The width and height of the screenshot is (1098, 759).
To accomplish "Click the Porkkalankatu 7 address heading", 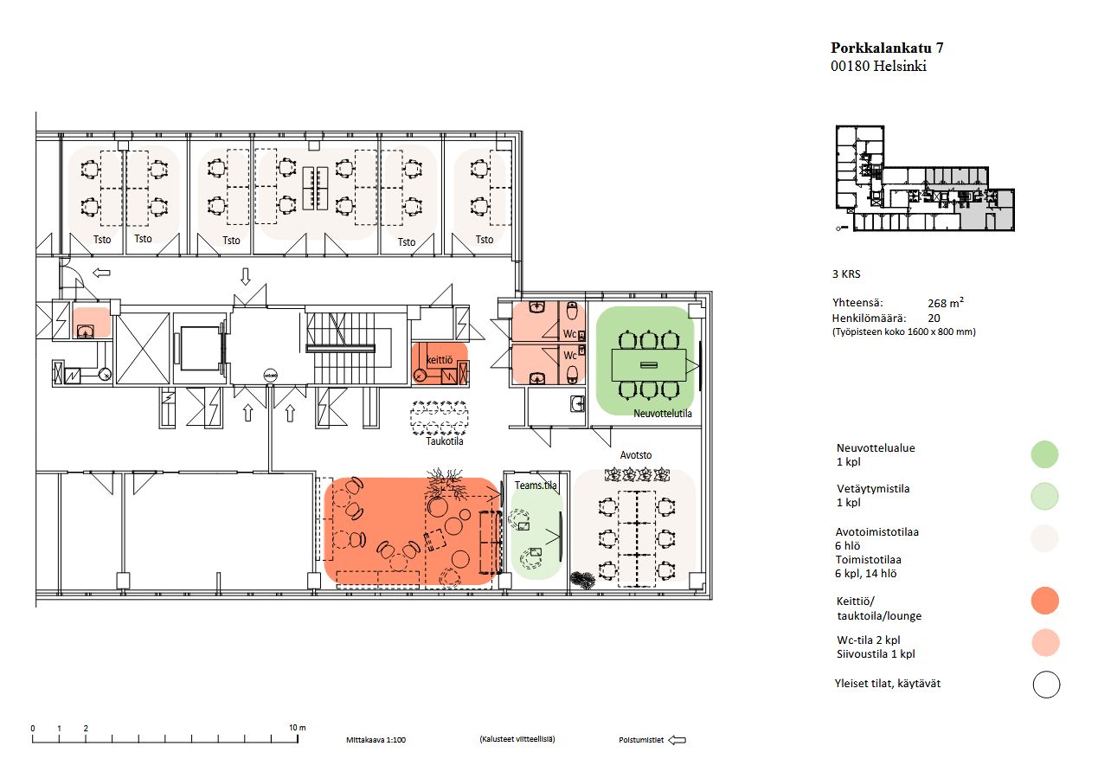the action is tap(887, 48).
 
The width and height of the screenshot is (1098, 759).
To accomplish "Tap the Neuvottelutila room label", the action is tap(662, 414).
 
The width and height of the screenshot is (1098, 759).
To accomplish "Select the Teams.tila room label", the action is tap(536, 485).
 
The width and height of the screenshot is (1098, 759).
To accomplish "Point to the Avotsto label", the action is tap(636, 455).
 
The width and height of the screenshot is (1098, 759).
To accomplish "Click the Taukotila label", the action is tap(444, 441).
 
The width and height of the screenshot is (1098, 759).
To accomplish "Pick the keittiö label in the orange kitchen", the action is tap(440, 359).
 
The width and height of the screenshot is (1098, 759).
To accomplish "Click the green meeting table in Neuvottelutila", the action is tap(649, 365).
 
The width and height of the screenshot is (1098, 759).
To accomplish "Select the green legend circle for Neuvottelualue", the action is tap(1044, 454).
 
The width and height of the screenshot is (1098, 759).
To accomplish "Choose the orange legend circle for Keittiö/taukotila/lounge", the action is tap(1045, 600).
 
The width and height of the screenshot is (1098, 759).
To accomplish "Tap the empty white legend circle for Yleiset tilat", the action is tap(1046, 684).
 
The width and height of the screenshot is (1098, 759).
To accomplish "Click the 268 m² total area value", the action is tap(946, 303).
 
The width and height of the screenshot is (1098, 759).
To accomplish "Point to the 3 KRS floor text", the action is tap(846, 274).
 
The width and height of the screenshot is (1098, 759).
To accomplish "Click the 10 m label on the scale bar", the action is tap(297, 727).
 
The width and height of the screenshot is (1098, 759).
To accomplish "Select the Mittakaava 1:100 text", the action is tap(376, 740).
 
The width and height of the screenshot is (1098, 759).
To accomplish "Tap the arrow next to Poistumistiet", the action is tap(677, 740).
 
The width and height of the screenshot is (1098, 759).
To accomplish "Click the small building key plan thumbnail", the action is tap(924, 178).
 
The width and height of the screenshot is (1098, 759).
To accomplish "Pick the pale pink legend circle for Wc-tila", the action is tap(1045, 642).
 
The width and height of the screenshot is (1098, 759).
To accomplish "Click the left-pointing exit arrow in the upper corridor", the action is tap(101, 273).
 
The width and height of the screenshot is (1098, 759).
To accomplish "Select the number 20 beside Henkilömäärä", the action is tap(934, 318).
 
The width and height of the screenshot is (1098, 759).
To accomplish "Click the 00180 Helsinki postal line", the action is tap(878, 66).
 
